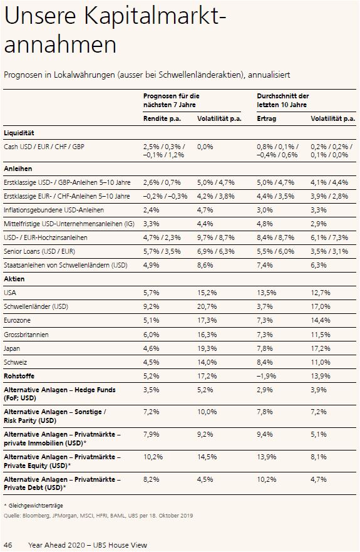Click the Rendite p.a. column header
point(162,118)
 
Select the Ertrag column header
point(266,118)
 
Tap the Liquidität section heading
point(19,133)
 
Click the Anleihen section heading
point(18,169)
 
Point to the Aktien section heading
point(14,279)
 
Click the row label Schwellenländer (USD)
point(36,306)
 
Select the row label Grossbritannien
point(26,335)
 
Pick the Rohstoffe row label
point(19,376)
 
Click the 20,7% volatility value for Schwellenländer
point(207,306)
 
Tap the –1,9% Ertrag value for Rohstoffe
point(266,376)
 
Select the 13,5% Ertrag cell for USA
point(266,293)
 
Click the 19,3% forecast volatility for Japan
point(207,348)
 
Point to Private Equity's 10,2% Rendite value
point(153,457)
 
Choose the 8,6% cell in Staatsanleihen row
point(205,265)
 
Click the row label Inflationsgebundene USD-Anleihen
point(54,210)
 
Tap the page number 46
point(8,545)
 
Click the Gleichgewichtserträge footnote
point(33,506)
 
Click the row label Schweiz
point(15,362)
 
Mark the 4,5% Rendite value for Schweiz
point(152,362)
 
